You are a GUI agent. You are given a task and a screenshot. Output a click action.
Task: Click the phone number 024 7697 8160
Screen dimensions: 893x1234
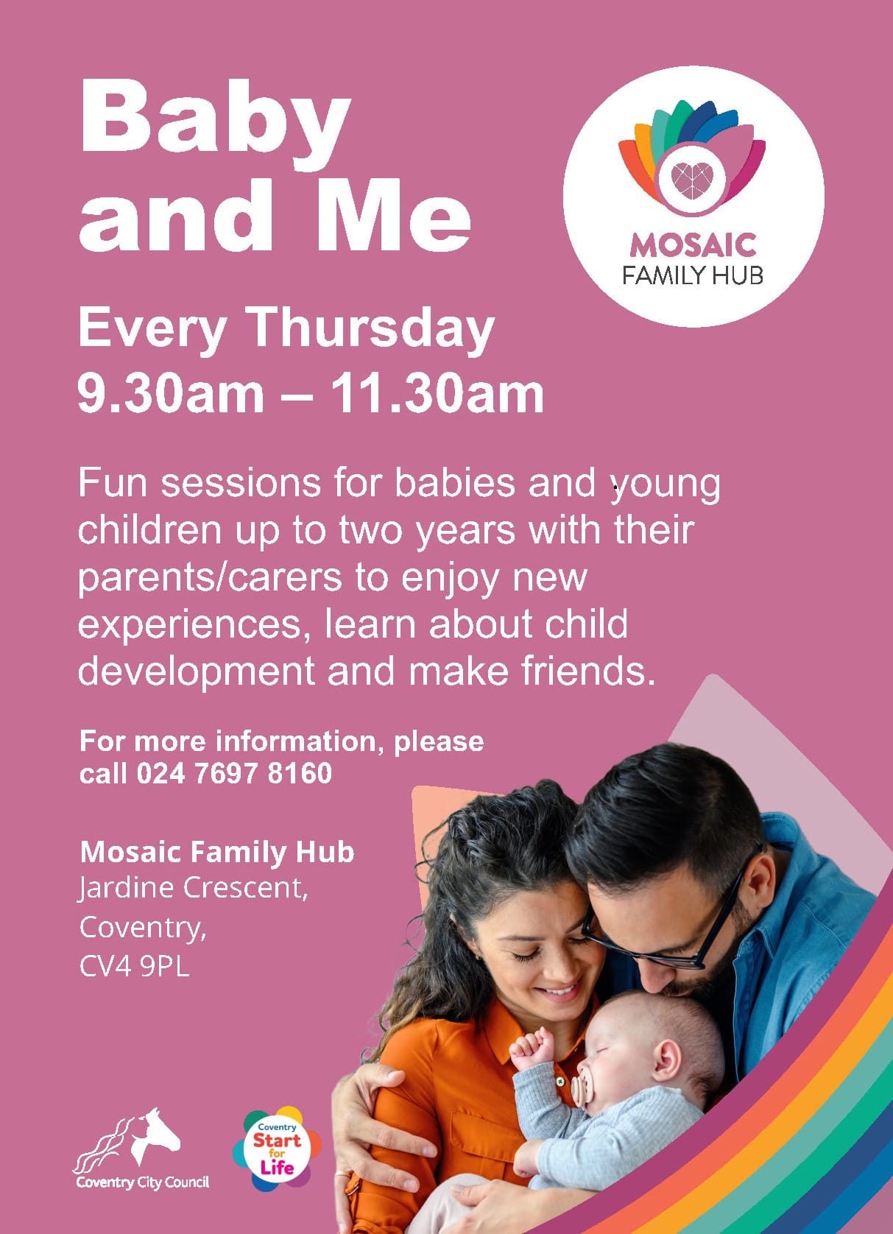[234, 773]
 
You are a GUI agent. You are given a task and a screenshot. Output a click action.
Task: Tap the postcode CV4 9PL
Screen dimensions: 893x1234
[135, 967]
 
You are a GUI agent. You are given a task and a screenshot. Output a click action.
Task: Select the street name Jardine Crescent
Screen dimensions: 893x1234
[193, 888]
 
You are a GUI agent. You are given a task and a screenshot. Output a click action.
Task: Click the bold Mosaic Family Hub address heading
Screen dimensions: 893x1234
[217, 852]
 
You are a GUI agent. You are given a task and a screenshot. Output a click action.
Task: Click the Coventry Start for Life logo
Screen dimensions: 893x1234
[277, 1149]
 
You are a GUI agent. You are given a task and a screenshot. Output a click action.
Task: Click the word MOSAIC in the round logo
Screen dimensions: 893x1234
[693, 246]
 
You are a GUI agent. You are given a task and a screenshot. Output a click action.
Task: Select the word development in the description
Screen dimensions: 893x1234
[197, 673]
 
